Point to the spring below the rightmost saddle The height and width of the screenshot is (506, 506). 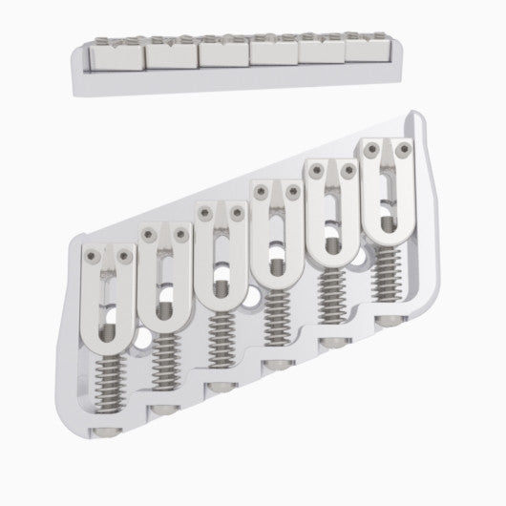[386, 277]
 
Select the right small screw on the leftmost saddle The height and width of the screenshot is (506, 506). [124, 256]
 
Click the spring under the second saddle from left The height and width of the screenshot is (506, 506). [161, 368]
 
